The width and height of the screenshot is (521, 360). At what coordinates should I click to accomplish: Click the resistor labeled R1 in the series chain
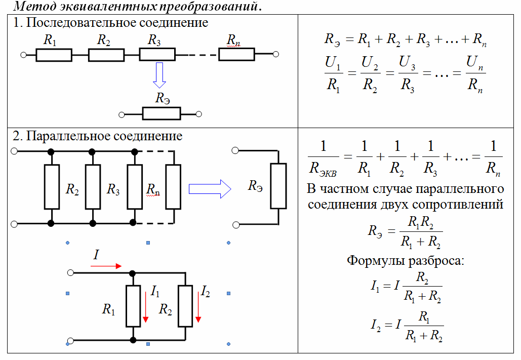click(54, 55)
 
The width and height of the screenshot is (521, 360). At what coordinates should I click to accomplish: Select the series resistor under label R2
click(106, 55)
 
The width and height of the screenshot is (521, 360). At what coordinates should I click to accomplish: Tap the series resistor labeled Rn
click(236, 54)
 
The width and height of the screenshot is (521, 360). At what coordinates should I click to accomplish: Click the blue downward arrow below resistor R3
click(159, 75)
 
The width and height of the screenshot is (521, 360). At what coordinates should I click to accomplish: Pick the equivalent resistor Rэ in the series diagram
click(162, 114)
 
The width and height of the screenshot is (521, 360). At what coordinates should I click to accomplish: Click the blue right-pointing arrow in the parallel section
click(210, 189)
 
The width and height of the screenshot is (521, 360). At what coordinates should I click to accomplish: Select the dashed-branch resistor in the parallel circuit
click(173, 186)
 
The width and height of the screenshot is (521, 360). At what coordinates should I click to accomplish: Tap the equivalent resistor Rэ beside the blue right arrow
click(278, 186)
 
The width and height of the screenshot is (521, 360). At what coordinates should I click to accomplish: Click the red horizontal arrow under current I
click(106, 266)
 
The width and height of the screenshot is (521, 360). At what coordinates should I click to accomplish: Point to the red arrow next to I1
click(145, 307)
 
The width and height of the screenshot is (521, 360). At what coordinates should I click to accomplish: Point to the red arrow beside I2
click(198, 307)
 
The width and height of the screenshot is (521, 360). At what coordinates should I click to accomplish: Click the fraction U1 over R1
click(333, 74)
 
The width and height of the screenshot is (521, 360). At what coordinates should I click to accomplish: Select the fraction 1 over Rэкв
click(324, 158)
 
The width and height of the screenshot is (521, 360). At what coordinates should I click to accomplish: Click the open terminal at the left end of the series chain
click(23, 55)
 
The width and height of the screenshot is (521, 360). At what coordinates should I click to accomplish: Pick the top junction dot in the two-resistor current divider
click(132, 273)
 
